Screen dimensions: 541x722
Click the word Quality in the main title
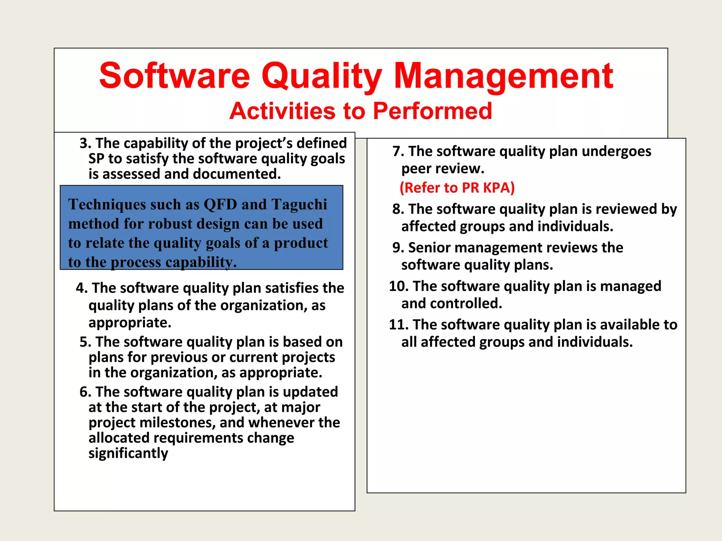coord(321,76)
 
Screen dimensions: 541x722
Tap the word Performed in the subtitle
coord(432,111)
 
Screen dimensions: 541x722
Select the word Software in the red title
coord(175,76)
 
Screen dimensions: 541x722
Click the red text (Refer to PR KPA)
coord(457,188)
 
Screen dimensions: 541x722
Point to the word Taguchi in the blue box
coord(299,205)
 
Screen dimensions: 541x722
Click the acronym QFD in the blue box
coord(220,205)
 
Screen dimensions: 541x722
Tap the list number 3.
coord(85,143)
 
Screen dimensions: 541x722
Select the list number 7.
coord(398,151)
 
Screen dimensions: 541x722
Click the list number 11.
coord(398,325)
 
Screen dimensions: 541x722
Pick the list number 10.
coord(398,286)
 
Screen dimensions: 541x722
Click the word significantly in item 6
coord(128,453)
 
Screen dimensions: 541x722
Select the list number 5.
coord(85,342)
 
